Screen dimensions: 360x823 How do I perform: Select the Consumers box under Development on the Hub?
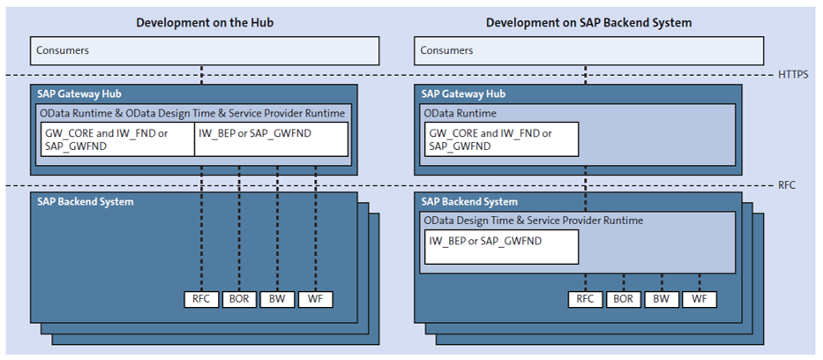pyautogui.click(x=205, y=51)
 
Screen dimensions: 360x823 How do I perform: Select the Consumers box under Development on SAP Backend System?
pyautogui.click(x=588, y=51)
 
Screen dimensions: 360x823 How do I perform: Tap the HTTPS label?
pyautogui.click(x=794, y=76)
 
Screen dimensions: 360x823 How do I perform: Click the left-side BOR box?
pyautogui.click(x=239, y=299)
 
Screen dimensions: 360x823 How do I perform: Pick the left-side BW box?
pyautogui.click(x=277, y=299)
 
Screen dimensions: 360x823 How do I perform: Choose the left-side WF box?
pyautogui.click(x=315, y=299)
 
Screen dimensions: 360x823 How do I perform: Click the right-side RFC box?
pyautogui.click(x=586, y=299)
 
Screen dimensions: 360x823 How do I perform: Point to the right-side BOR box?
pyautogui.click(x=624, y=299)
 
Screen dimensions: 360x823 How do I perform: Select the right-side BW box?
pyautogui.click(x=662, y=299)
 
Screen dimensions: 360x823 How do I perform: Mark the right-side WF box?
pyautogui.click(x=700, y=299)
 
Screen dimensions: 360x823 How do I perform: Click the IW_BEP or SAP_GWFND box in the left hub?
pyautogui.click(x=271, y=139)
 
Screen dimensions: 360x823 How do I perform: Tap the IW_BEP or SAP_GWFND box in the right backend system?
pyautogui.click(x=501, y=246)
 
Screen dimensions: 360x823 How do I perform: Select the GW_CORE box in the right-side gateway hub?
pyautogui.click(x=501, y=139)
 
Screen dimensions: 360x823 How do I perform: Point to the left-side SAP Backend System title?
pyautogui.click(x=86, y=202)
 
